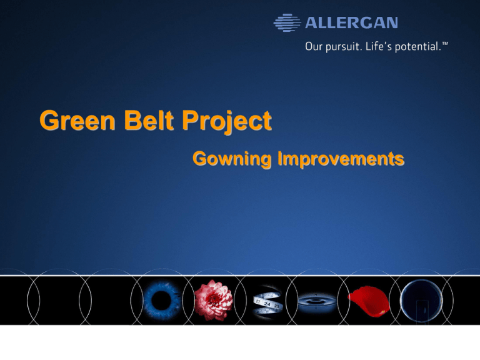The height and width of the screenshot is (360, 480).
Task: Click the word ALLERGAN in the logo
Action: pos(351,23)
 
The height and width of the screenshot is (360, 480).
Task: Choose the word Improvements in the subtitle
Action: pos(337,159)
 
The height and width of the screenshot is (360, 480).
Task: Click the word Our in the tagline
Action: pos(315,46)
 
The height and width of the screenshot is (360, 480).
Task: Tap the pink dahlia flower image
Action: pos(213,299)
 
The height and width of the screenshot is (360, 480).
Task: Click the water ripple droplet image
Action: pos(316,301)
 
